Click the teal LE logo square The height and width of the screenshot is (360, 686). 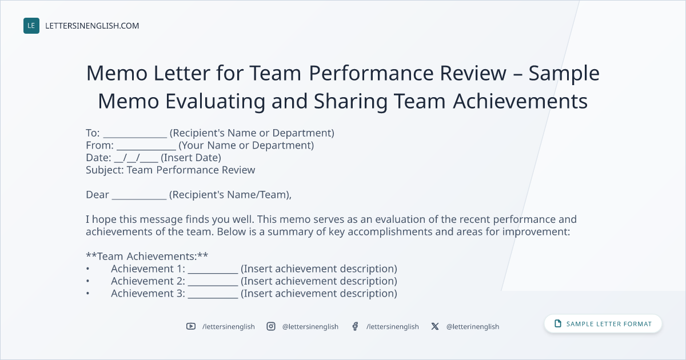tap(31, 26)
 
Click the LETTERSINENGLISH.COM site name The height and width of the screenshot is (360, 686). tap(92, 26)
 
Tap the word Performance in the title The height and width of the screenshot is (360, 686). tap(371, 74)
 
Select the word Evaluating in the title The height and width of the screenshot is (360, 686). tap(216, 101)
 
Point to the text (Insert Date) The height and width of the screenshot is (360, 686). tap(191, 158)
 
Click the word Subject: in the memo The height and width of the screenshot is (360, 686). tap(105, 170)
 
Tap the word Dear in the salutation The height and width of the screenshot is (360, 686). tap(97, 195)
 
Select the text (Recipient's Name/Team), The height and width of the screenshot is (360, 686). tap(230, 195)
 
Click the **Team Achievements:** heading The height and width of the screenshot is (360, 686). tap(147, 256)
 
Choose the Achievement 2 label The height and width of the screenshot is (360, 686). tap(148, 281)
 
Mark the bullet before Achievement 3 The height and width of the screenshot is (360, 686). tap(87, 294)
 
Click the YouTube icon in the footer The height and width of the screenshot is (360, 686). tap(191, 326)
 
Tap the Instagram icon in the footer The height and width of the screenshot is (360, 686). tap(271, 326)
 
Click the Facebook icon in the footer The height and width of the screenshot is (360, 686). tap(355, 326)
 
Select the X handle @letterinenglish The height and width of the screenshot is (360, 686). tap(473, 327)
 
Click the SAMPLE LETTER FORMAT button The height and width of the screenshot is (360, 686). tap(603, 324)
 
